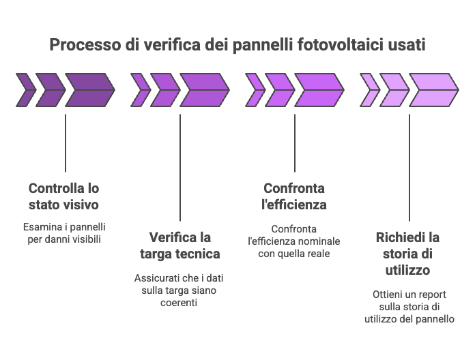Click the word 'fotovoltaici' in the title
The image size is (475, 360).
[x=344, y=46]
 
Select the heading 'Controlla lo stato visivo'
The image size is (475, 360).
[x=64, y=196]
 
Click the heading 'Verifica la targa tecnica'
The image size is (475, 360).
[x=180, y=245]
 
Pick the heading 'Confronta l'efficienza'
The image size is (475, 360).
[x=294, y=196]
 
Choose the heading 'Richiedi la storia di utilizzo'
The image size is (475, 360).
[x=408, y=254]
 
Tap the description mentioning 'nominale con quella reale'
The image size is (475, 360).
[x=294, y=241]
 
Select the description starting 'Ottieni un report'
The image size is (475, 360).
[x=409, y=306]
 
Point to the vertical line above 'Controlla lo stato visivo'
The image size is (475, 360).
[x=66, y=143]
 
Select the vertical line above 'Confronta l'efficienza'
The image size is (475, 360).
[x=295, y=143]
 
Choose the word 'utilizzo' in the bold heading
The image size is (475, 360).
[x=408, y=271]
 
